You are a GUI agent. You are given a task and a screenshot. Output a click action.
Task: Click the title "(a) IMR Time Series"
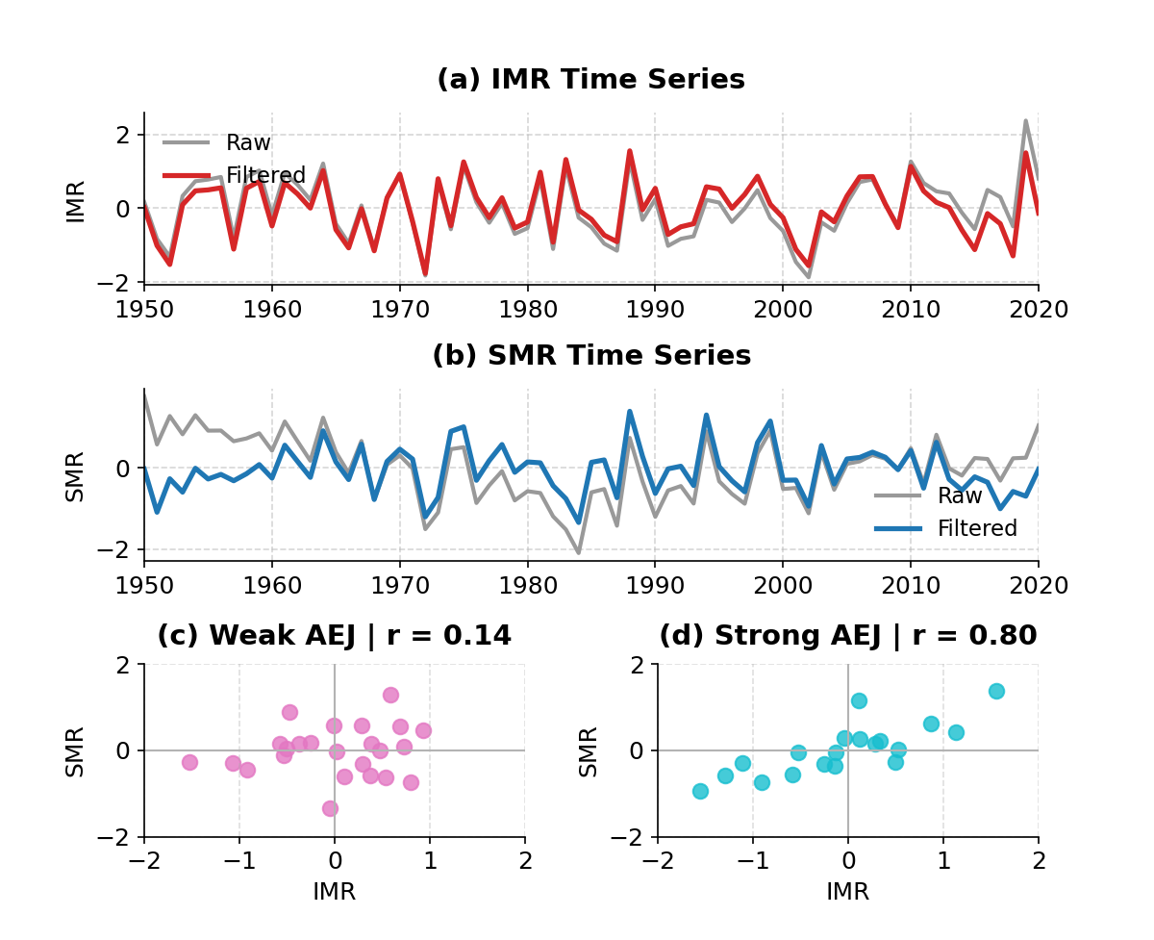[590, 80]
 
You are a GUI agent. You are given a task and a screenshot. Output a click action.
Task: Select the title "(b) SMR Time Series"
[590, 356]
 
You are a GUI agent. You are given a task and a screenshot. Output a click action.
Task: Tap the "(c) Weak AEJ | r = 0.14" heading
[334, 636]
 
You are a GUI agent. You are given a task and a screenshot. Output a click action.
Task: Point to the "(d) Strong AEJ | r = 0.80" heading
[847, 636]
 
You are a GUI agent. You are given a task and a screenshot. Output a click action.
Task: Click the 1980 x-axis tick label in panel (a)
[527, 310]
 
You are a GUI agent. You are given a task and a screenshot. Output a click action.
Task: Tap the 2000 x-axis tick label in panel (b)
[782, 586]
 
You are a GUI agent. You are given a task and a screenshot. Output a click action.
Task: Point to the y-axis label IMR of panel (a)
[76, 201]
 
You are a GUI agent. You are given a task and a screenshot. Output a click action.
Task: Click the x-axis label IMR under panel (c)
[334, 892]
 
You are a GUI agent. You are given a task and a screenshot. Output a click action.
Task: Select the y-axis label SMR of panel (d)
[589, 751]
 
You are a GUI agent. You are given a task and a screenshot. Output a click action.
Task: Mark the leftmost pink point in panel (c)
[189, 762]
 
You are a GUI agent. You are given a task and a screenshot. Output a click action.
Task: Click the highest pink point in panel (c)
[390, 695]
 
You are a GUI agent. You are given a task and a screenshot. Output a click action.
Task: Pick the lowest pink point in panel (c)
[330, 808]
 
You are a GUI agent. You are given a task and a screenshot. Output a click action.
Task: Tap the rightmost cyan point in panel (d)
[996, 691]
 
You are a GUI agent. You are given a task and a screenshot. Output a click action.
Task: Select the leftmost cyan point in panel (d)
[700, 791]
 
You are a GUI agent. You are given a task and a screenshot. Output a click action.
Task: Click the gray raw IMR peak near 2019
[1025, 121]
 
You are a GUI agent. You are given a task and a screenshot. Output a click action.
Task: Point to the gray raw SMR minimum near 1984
[578, 552]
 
